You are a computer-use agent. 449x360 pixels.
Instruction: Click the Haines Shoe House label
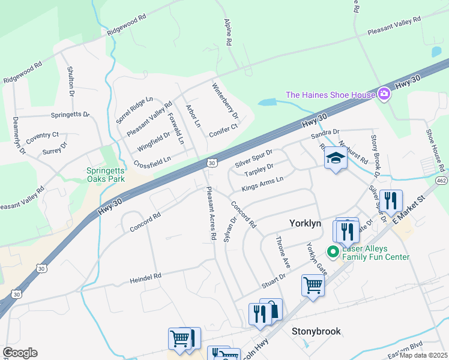(330, 94)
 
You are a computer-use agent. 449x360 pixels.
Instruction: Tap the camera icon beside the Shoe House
(384, 94)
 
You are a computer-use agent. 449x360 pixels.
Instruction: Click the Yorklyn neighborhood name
(306, 223)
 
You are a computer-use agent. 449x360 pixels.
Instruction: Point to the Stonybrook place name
(316, 331)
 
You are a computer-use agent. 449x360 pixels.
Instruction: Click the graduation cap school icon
(336, 158)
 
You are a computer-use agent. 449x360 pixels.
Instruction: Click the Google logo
(20, 353)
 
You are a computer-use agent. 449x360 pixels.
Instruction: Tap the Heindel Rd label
(146, 279)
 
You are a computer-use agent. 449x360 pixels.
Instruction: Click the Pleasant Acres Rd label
(210, 213)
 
